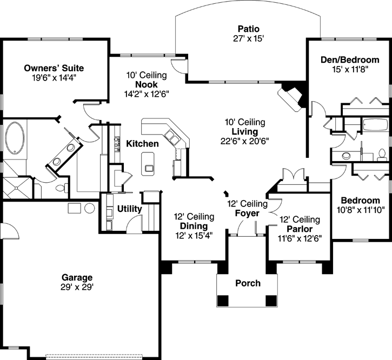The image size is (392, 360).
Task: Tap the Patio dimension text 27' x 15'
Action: coord(248,38)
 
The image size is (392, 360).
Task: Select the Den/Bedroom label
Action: coord(348,61)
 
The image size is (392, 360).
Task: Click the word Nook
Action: coord(147,84)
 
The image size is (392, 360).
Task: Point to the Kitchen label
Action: coord(142,144)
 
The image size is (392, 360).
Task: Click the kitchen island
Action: coord(147,164)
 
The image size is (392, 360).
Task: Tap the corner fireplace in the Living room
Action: coord(291,98)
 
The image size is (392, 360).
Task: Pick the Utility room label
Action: coord(129,209)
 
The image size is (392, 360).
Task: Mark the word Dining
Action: coord(193,226)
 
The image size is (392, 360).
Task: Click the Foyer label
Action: coord(248,213)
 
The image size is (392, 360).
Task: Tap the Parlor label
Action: coord(300,229)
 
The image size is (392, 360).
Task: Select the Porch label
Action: coord(248,283)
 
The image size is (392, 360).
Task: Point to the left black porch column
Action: coord(222,302)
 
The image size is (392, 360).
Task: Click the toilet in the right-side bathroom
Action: coord(382,154)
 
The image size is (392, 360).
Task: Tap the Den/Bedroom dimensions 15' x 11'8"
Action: coord(348,70)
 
